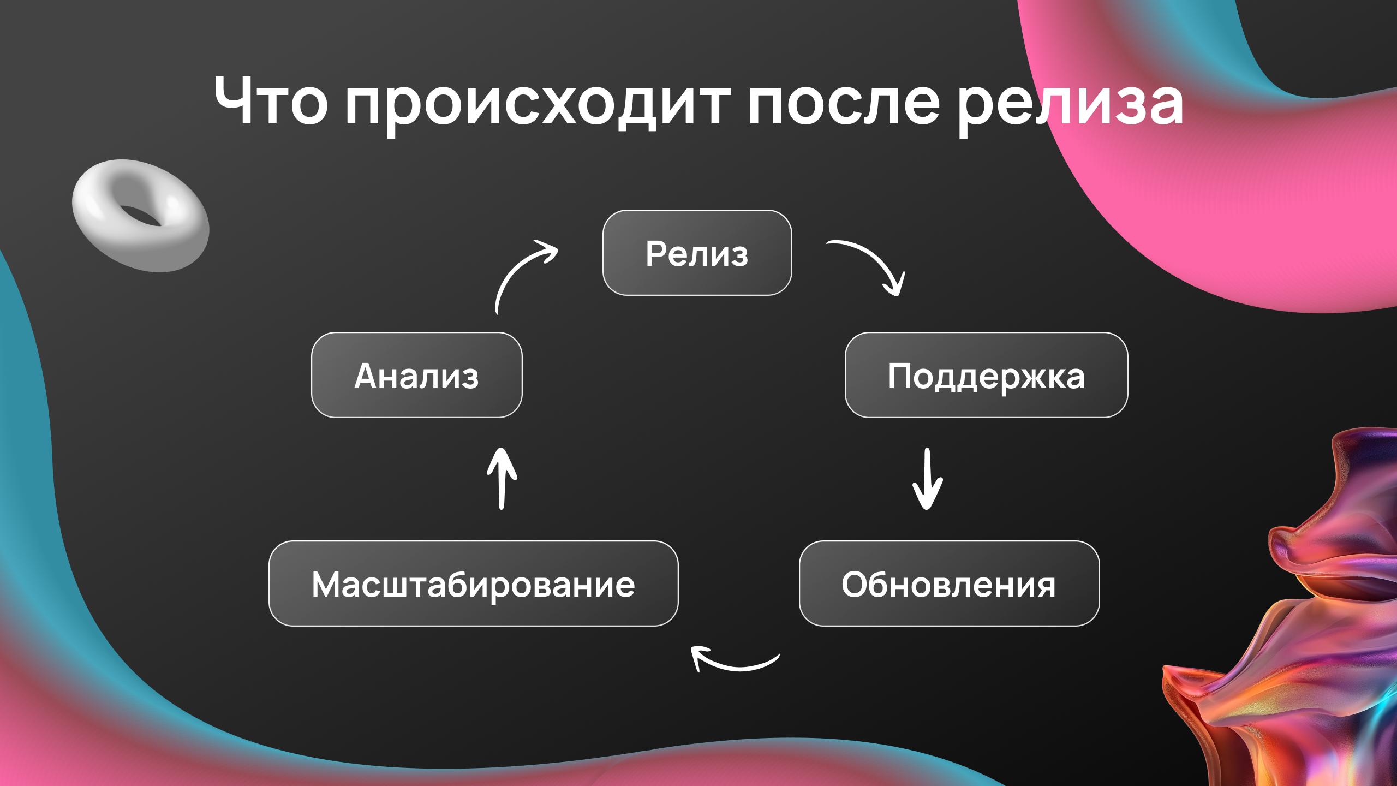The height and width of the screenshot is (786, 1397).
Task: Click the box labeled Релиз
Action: tap(697, 253)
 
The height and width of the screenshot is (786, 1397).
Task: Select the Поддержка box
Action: tap(986, 375)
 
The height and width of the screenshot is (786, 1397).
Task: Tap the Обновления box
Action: tap(949, 583)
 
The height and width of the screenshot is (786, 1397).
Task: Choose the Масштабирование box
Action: tap(473, 583)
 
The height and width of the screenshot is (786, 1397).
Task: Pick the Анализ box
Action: tap(416, 375)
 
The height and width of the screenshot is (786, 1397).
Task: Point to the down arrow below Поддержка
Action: tap(927, 479)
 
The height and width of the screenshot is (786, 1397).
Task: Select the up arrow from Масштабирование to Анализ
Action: tap(502, 479)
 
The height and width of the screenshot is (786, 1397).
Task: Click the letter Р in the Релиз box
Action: tap(655, 254)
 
